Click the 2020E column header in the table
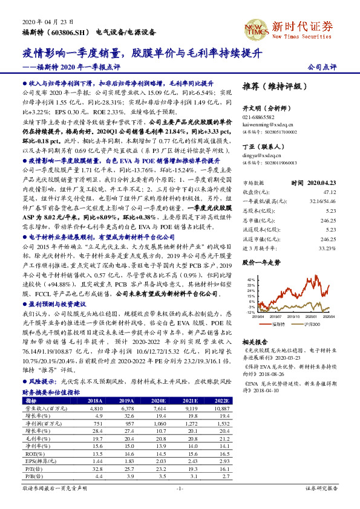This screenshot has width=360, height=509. point(159,401)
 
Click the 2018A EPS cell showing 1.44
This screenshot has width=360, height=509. point(96,460)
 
